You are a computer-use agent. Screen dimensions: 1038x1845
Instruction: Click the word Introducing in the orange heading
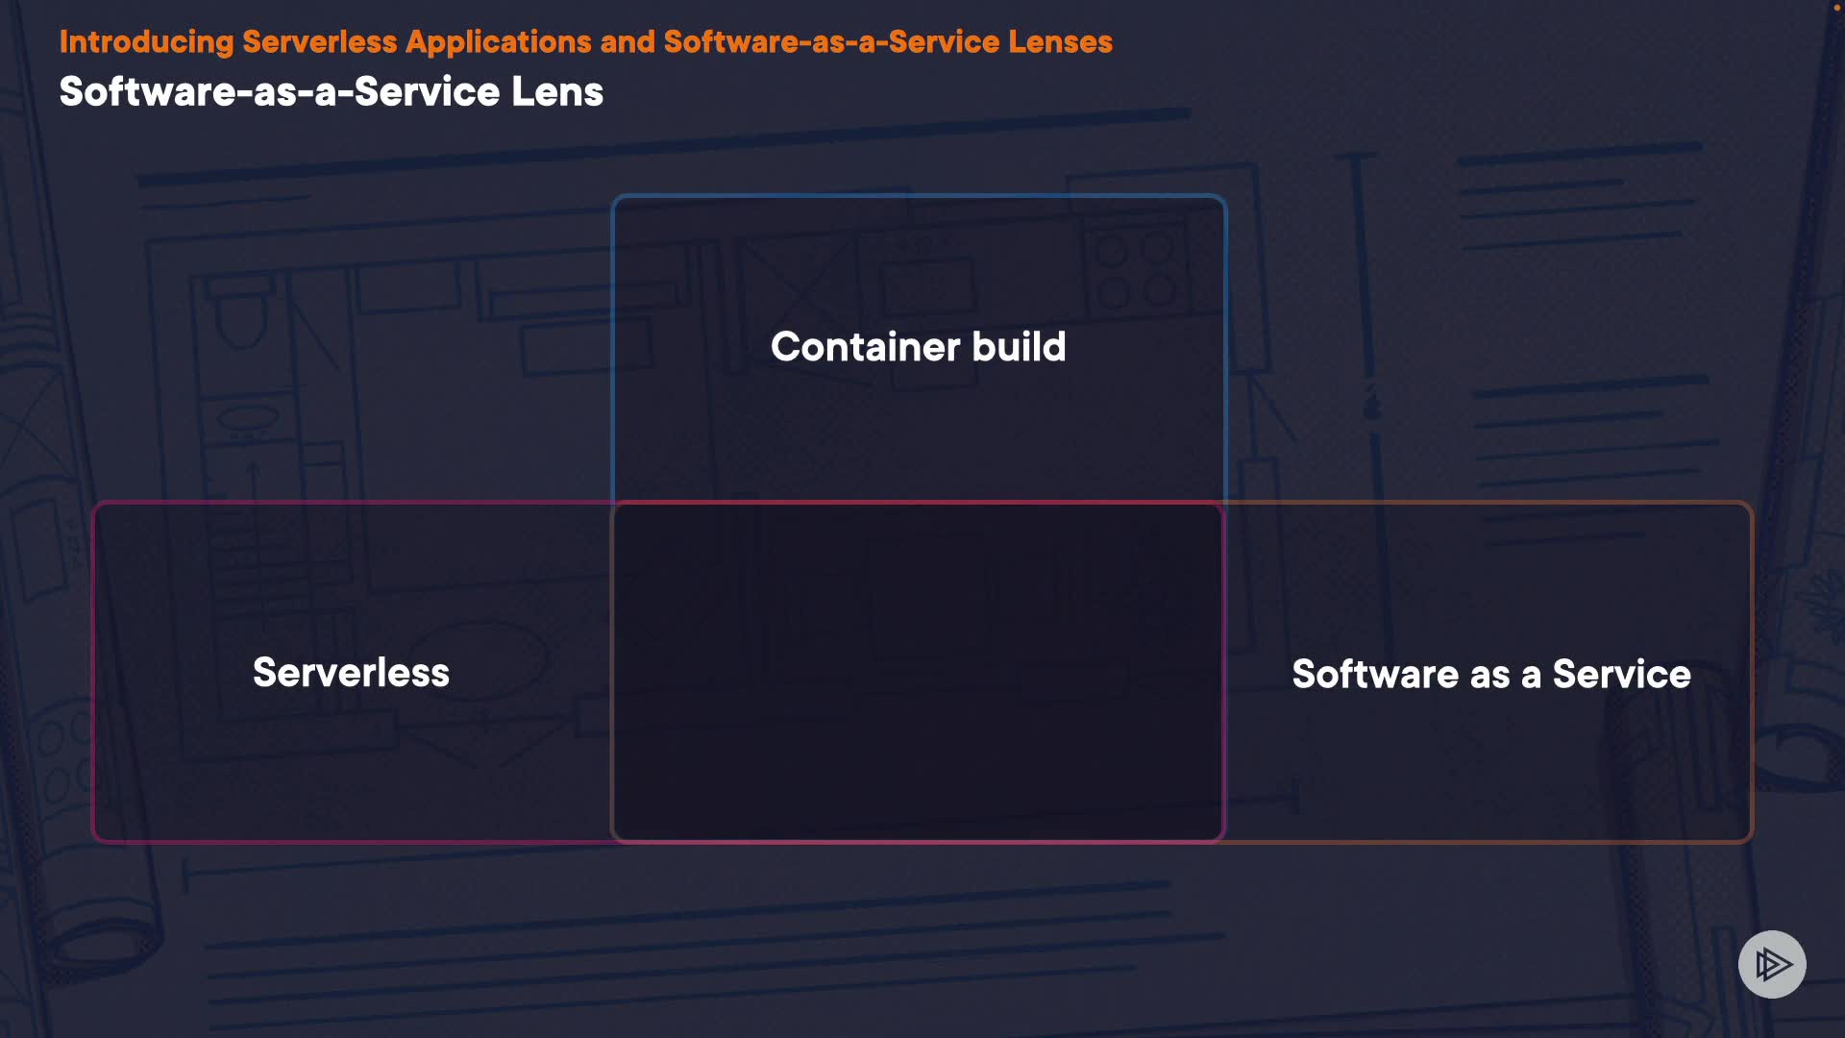click(x=146, y=42)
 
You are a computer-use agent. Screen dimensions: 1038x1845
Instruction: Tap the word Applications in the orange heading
click(x=498, y=42)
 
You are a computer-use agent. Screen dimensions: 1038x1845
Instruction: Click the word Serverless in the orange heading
click(x=320, y=42)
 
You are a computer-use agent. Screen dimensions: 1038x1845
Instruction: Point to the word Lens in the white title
click(x=557, y=92)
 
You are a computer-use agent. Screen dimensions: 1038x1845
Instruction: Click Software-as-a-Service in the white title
click(x=280, y=92)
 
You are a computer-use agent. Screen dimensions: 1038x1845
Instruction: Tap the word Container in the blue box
click(x=865, y=347)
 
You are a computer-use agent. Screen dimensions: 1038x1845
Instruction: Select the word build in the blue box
click(x=1020, y=347)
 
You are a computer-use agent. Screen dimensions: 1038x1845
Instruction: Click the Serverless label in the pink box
click(x=351, y=673)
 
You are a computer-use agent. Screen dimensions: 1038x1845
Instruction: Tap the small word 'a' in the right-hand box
click(x=1532, y=677)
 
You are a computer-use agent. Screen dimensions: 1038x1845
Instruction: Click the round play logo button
click(x=1772, y=964)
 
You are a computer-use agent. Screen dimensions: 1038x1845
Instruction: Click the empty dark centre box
click(x=918, y=673)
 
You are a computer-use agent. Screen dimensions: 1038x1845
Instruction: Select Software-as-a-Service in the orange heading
click(x=831, y=42)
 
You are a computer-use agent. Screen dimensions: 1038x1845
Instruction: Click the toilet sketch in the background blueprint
click(x=240, y=312)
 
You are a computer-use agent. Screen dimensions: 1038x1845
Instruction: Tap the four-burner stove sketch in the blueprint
click(x=1137, y=270)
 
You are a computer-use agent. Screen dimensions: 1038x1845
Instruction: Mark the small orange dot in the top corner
click(x=1836, y=7)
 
